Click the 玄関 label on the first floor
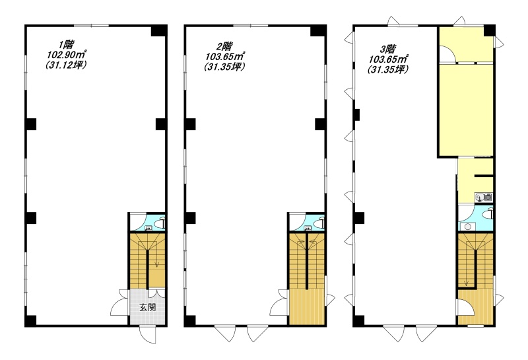[x=147, y=307]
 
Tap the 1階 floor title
[x=66, y=44]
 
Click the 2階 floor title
[x=224, y=46]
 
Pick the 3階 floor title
[x=388, y=50]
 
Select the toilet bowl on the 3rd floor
[x=488, y=214]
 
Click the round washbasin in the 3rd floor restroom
[x=468, y=227]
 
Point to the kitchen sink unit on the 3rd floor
[x=484, y=198]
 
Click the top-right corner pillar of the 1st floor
[x=158, y=30]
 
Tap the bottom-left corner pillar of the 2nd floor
[x=190, y=320]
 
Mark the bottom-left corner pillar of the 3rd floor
[x=359, y=320]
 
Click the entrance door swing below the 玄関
[x=148, y=334]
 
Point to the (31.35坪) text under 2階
[x=224, y=67]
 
